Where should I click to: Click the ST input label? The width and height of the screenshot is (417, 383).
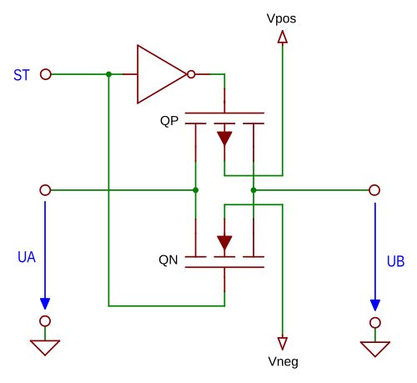[22, 75]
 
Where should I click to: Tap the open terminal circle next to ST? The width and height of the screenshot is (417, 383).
[46, 74]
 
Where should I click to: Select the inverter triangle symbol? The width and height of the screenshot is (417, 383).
[162, 74]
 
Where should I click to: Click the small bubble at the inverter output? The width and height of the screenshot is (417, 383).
[191, 74]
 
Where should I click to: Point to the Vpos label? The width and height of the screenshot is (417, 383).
[281, 19]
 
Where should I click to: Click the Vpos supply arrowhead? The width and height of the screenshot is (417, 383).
[283, 37]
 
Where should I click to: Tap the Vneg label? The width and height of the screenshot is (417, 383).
[283, 361]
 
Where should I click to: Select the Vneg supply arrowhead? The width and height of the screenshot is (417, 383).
[283, 343]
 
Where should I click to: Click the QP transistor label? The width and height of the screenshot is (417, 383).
[169, 121]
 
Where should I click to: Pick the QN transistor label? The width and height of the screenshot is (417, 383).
[168, 260]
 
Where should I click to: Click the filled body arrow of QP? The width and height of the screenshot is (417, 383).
[224, 139]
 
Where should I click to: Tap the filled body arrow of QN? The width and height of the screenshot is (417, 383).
[224, 243]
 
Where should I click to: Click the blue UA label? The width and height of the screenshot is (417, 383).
[27, 257]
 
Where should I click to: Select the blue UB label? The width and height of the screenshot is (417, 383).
[395, 261]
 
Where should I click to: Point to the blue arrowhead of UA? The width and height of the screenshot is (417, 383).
[45, 304]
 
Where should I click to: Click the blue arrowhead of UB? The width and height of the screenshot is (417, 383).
[375, 305]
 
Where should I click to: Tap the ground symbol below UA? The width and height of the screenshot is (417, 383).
[45, 347]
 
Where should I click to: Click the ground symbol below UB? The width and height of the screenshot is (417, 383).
[375, 349]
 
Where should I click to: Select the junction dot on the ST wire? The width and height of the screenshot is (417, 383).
[108, 74]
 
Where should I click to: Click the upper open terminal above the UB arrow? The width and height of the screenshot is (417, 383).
[374, 190]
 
